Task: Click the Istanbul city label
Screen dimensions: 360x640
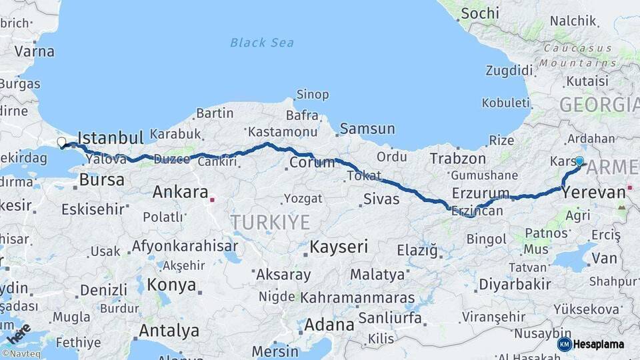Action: [x=111, y=138]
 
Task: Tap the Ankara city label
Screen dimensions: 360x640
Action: [x=180, y=193]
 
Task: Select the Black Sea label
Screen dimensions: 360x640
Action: [x=261, y=43]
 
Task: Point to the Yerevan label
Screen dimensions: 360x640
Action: [x=594, y=193]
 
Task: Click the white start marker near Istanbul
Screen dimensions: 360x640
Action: [x=61, y=142]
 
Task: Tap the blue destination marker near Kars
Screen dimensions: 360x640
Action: [x=579, y=161]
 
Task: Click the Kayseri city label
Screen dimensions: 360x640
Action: [x=339, y=247]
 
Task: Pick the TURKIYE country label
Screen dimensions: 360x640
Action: [x=270, y=222]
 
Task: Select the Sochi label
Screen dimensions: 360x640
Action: [x=479, y=13]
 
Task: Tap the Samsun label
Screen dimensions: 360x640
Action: [x=367, y=129]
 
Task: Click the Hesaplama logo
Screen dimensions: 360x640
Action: [x=593, y=344]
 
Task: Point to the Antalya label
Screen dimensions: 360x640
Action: [x=169, y=330]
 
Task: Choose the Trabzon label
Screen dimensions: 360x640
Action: [x=458, y=159]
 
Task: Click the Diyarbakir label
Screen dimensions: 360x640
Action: [x=515, y=285]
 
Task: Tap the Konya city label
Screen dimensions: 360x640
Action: [x=171, y=285]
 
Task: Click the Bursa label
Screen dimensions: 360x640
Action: [x=101, y=180]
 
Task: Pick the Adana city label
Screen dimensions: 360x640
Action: [x=329, y=325]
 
